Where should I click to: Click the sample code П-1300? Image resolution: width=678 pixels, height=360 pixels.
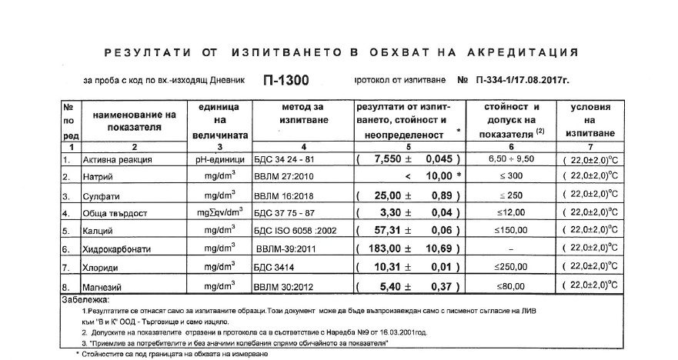[290, 79]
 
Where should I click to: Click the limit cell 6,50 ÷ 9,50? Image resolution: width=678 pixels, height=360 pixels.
[511, 159]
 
